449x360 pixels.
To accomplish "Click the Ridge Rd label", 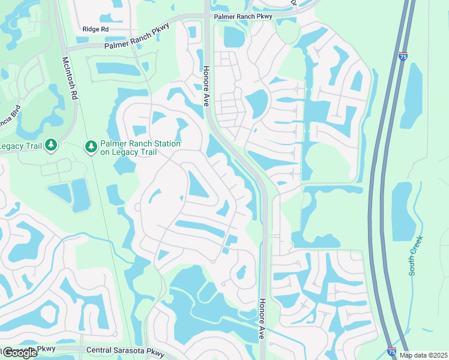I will (95, 29).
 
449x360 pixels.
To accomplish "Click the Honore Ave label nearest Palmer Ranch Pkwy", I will (205, 86).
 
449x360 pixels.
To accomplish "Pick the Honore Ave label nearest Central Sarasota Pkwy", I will (262, 319).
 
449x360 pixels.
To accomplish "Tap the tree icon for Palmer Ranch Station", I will (91, 146).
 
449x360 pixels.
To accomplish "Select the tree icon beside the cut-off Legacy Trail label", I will (52, 145).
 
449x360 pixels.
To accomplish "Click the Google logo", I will (19, 353).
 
